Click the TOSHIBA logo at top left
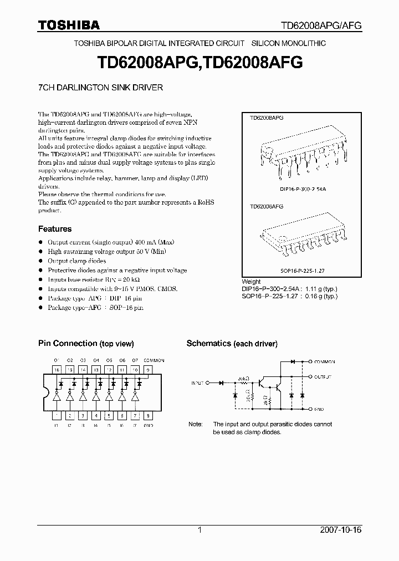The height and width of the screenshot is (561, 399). tap(69, 25)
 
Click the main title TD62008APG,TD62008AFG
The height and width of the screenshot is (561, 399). tap(199, 63)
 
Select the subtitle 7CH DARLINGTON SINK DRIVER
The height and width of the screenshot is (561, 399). tap(100, 88)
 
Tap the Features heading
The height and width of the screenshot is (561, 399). tap(55, 228)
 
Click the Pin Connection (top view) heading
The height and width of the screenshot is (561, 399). tap(86, 344)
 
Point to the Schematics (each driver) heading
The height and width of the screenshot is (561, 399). tap(232, 344)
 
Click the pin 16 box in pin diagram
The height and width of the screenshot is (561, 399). tap(56, 369)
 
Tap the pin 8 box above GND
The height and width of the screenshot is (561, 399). tap(148, 415)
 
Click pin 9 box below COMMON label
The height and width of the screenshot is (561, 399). tap(148, 369)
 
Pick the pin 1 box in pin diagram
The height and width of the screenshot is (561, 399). tap(56, 415)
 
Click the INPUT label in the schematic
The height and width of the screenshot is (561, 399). tap(197, 382)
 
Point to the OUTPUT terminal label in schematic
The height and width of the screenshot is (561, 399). tap(323, 376)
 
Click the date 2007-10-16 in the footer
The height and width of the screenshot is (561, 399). tap(341, 530)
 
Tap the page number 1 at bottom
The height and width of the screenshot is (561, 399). tap(199, 530)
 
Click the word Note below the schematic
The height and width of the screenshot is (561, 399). tap(195, 424)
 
